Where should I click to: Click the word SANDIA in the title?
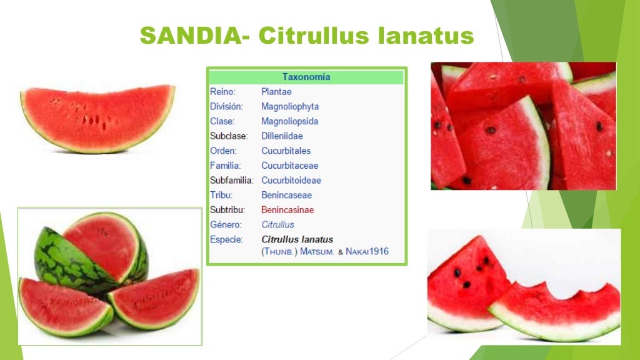point(189,36)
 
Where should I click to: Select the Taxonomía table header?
point(306,77)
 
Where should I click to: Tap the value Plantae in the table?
point(276,92)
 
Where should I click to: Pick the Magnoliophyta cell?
point(290,106)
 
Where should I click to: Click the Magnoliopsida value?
point(289,121)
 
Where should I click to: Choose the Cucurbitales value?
point(286,151)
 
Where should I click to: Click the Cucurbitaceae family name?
point(289,166)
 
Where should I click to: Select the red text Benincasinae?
point(287,210)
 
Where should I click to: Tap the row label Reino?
point(222,92)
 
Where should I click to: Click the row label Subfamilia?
point(231,181)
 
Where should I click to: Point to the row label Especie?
point(226,239)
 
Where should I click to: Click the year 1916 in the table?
point(377,252)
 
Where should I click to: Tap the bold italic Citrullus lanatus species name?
point(297,239)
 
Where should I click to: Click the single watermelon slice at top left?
point(97,117)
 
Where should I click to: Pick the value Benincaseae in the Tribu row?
point(286,195)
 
